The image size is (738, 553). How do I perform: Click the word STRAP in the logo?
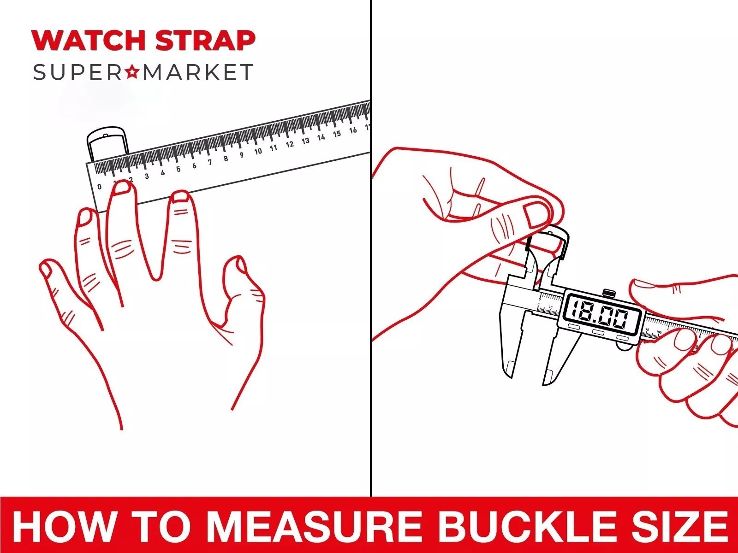pos(205,40)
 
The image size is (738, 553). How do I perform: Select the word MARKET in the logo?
pos(198,72)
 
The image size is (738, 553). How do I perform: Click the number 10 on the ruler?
pos(258,151)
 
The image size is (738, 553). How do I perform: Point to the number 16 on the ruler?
pos(353,130)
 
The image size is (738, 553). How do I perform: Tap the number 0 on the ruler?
pos(99,187)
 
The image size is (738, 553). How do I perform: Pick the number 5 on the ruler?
pos(178,169)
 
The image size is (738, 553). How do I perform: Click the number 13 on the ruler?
pos(305,141)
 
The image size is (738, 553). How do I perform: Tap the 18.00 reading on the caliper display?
pos(600,314)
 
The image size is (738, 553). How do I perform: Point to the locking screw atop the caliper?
pos(608,293)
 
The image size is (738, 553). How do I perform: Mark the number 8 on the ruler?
pos(226,159)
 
